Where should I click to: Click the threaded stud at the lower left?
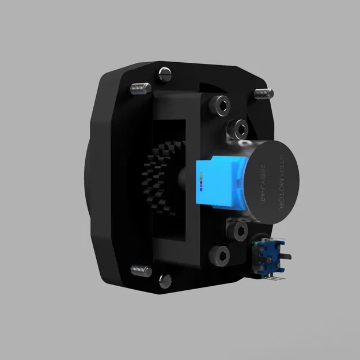click(139, 269)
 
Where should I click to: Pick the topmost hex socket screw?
click(220, 104)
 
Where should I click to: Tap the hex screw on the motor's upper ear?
click(237, 127)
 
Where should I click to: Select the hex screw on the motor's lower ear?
click(237, 231)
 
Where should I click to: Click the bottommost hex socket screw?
click(219, 254)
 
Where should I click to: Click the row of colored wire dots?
click(202, 183)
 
